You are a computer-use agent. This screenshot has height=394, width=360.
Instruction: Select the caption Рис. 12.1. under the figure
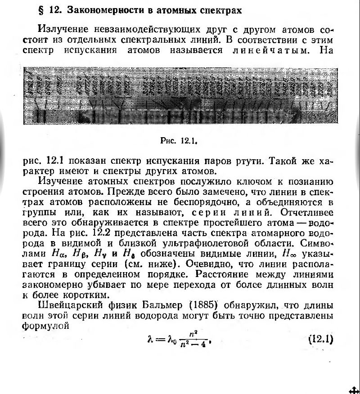(180, 140)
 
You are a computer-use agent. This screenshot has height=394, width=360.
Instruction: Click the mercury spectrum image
(180, 95)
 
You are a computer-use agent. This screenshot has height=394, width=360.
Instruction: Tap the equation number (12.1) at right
(320, 338)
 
